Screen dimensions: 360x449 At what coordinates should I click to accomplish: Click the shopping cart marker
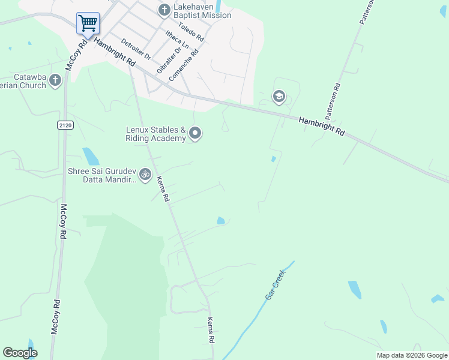point(88,24)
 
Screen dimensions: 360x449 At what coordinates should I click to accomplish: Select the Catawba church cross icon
point(55,80)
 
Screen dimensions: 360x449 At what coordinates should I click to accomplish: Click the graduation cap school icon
point(279,96)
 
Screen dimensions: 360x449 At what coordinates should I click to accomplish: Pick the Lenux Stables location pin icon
point(194,133)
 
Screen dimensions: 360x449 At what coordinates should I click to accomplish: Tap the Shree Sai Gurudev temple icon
point(145,175)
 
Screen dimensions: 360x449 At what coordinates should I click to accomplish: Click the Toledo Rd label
point(191,31)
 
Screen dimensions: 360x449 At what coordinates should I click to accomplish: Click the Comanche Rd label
point(185,69)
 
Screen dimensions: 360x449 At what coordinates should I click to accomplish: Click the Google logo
point(20,353)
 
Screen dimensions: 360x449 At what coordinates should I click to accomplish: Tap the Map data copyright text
point(412,355)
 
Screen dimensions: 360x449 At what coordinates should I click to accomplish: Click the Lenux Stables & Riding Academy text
point(155,134)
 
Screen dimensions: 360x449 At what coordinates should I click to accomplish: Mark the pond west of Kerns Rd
point(91,156)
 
